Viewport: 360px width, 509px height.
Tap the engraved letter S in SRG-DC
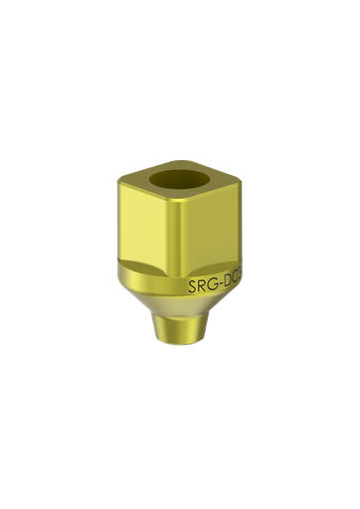pos(193,288)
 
